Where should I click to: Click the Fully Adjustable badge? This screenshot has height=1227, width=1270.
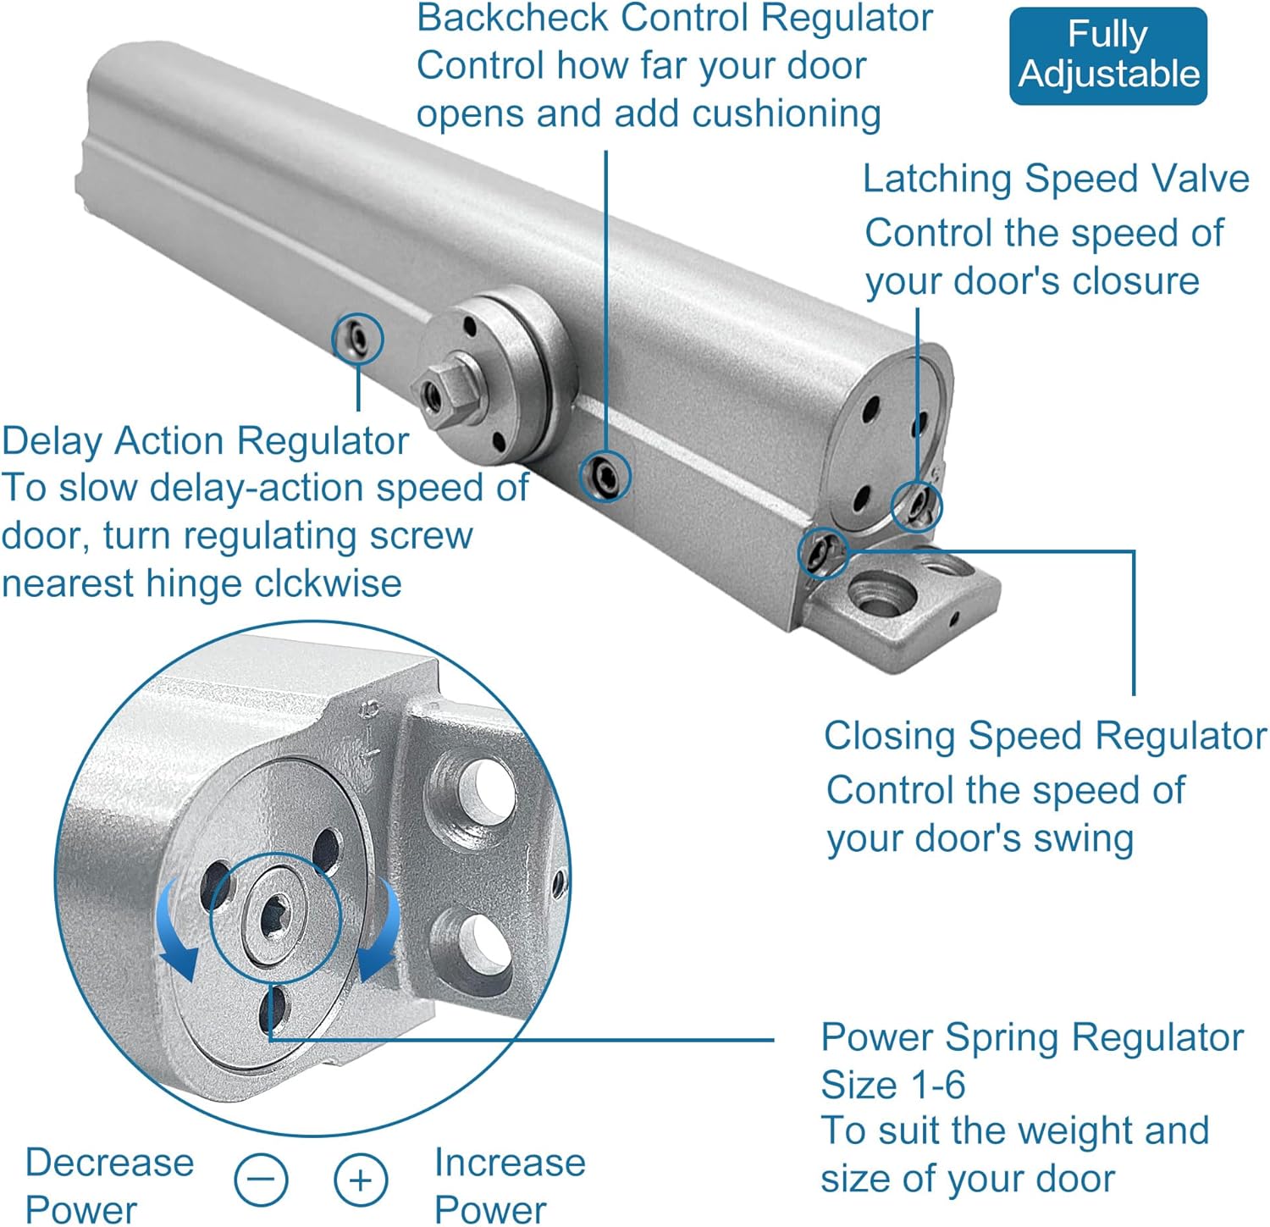pos(1107,55)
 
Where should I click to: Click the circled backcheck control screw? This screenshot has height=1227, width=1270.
pos(605,476)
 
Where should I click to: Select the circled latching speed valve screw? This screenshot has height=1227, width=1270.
pos(917,506)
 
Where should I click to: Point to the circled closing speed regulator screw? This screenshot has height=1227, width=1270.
pos(823,552)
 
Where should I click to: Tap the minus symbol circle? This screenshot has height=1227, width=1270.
pos(261,1179)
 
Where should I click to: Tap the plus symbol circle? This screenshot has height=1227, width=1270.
pos(361,1179)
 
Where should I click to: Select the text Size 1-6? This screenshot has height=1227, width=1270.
pos(892,1085)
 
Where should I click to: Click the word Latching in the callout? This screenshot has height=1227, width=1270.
pos(938,180)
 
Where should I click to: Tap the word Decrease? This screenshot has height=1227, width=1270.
pos(110,1163)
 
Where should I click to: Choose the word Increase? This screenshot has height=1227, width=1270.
pos(510,1163)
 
